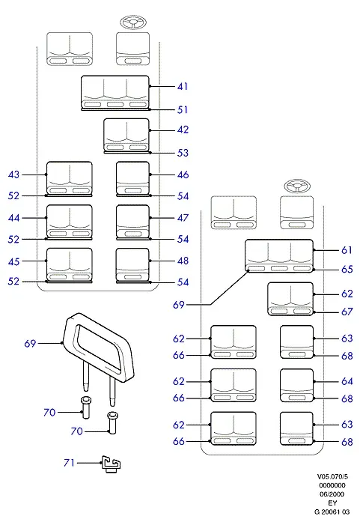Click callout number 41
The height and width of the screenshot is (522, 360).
pos(183,87)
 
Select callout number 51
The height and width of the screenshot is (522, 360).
pos(183,109)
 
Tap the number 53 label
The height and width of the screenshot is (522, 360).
pos(183,153)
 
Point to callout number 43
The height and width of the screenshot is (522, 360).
pos(13,174)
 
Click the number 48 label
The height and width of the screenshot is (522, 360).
pos(183,261)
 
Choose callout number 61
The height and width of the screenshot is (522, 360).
pos(347,250)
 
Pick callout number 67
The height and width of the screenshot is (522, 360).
pos(347,312)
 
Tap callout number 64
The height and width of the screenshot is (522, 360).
pos(347,381)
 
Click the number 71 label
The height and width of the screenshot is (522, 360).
pos(69,463)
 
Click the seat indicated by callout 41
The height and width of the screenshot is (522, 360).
pos(115,92)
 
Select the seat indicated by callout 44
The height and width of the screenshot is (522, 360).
pos(69,222)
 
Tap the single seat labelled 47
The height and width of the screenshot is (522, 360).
pos(132,222)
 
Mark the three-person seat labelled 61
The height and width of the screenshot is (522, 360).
pos(279,255)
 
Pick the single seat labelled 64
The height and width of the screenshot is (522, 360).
pos(297,385)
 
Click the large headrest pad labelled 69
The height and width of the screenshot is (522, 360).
pos(99,346)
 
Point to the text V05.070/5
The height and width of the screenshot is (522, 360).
pos(332,477)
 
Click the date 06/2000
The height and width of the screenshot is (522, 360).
pos(332,494)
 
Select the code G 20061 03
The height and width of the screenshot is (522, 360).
pos(332,512)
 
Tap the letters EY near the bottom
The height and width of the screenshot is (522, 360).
pos(332,503)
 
